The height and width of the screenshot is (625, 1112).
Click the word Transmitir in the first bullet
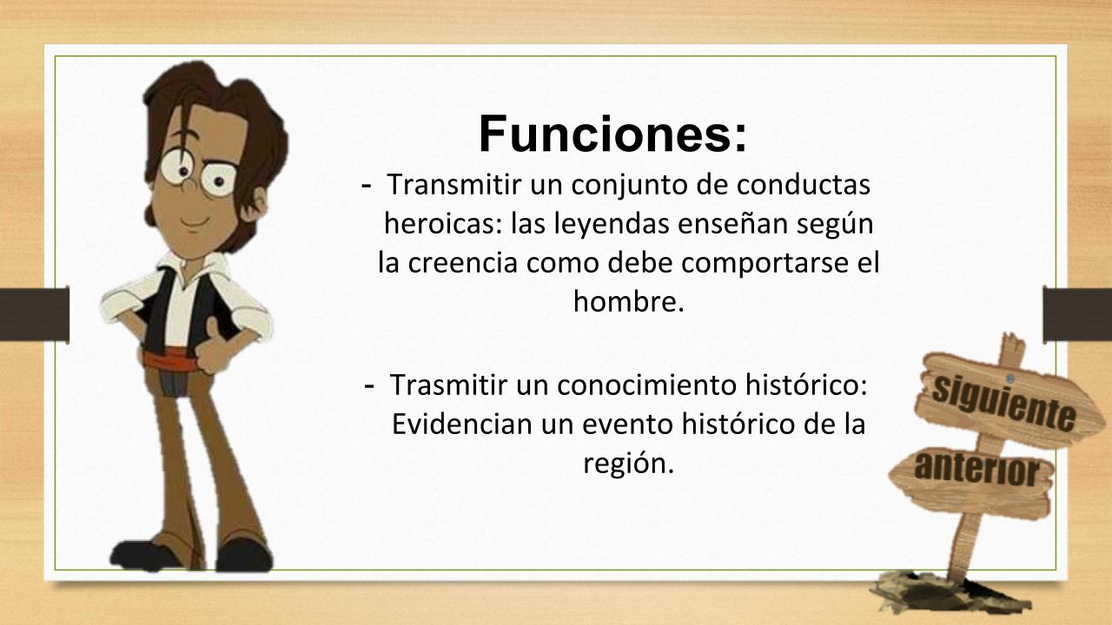(x=454, y=185)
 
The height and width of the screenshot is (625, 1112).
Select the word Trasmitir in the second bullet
(x=448, y=385)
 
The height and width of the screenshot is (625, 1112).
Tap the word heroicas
(x=440, y=223)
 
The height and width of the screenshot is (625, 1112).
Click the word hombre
(x=628, y=300)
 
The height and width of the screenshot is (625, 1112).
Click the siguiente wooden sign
(x=1005, y=403)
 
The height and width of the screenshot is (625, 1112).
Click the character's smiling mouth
(x=194, y=221)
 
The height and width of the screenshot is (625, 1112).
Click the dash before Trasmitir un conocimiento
(x=369, y=386)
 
